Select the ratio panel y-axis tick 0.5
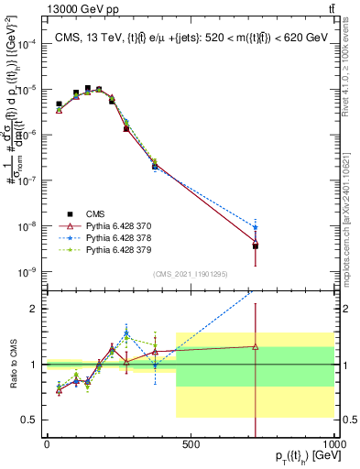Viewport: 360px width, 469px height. pyautogui.click(x=30, y=420)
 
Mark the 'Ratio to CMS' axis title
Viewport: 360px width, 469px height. pyautogui.click(x=12, y=364)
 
